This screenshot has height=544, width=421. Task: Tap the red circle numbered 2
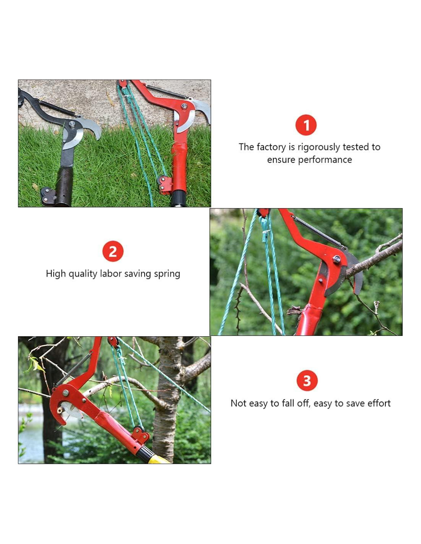click(113, 251)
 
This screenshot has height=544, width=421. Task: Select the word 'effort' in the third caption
click(379, 403)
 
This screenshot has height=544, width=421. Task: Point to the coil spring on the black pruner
click(57, 107)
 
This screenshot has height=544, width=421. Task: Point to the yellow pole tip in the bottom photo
click(158, 459)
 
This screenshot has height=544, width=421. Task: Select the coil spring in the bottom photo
click(73, 369)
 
